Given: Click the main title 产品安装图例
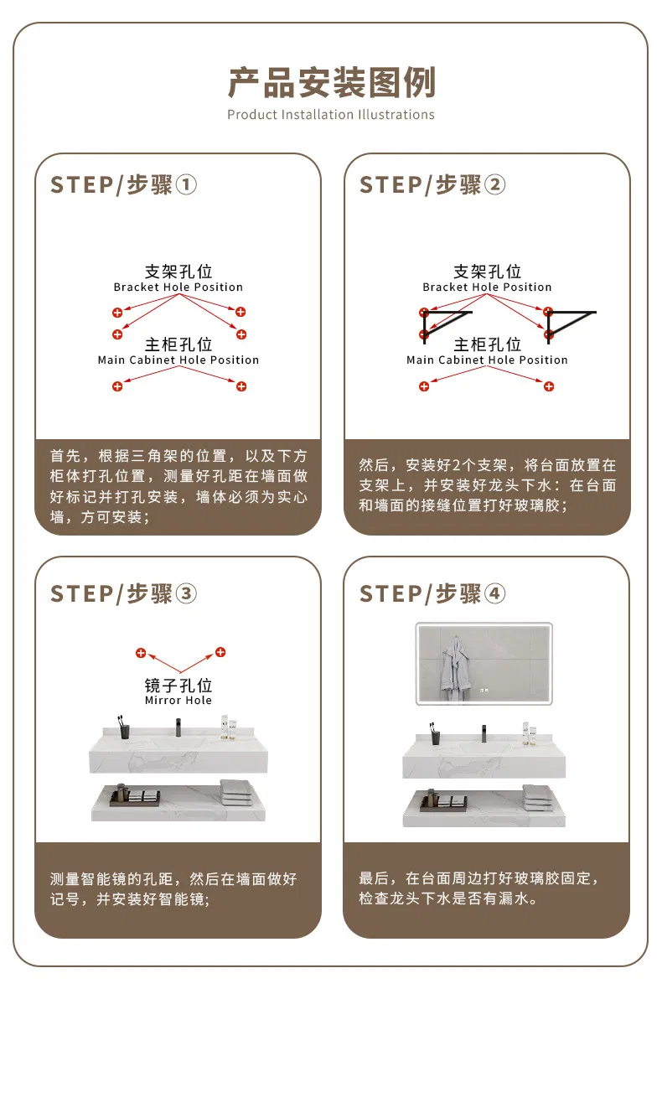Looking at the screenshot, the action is [x=331, y=82].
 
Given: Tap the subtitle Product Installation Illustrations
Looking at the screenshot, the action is [x=331, y=115].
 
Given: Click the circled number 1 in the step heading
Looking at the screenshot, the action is [x=186, y=185].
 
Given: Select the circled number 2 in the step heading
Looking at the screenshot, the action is [x=495, y=185].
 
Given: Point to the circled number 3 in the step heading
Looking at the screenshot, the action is [x=186, y=593].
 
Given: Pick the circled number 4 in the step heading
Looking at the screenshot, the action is [x=495, y=593].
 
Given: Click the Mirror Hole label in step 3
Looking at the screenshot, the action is [x=178, y=700].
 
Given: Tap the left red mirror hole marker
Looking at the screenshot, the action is [x=141, y=653].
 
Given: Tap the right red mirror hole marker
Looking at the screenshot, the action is [x=220, y=652].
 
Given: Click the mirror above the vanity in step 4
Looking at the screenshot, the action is [x=484, y=663].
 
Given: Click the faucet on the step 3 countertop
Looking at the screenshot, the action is [x=178, y=727].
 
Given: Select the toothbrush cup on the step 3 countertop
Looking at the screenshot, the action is [x=124, y=727].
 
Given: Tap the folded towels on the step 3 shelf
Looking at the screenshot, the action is [x=236, y=792].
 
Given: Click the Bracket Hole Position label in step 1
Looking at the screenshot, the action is [x=178, y=287].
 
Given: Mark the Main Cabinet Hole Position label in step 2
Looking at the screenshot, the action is [x=487, y=360].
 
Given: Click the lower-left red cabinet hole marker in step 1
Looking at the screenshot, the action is [x=117, y=386].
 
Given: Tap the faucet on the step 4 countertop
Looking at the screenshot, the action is [x=484, y=733].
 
